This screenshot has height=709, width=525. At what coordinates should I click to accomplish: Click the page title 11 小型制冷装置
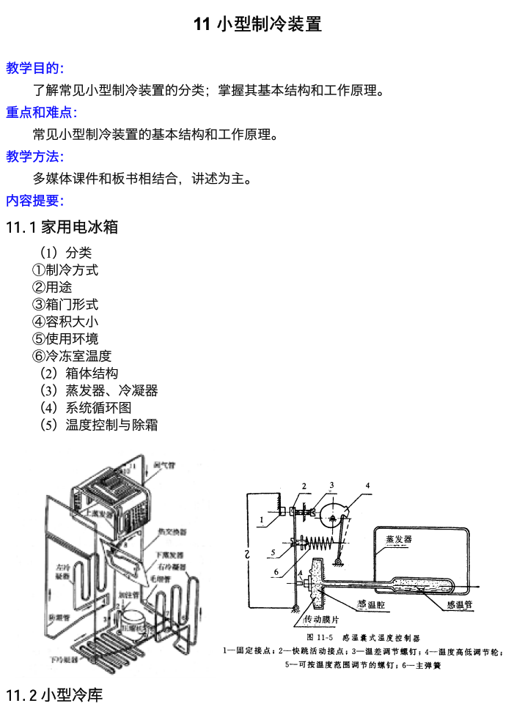pyautogui.click(x=257, y=25)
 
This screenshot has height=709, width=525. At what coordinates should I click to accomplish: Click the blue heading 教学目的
pyautogui.click(x=35, y=68)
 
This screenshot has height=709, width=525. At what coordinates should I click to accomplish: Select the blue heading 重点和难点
pyautogui.click(x=41, y=112)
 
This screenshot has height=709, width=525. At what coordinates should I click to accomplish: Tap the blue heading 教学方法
pyautogui.click(x=35, y=156)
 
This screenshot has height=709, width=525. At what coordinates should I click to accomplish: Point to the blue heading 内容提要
pyautogui.click(x=35, y=200)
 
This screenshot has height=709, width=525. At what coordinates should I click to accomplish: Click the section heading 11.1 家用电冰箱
pyautogui.click(x=62, y=227)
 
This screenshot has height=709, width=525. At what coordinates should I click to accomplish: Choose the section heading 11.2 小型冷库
pyautogui.click(x=54, y=694)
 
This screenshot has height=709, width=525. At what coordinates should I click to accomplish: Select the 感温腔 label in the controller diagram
pyautogui.click(x=371, y=604)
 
